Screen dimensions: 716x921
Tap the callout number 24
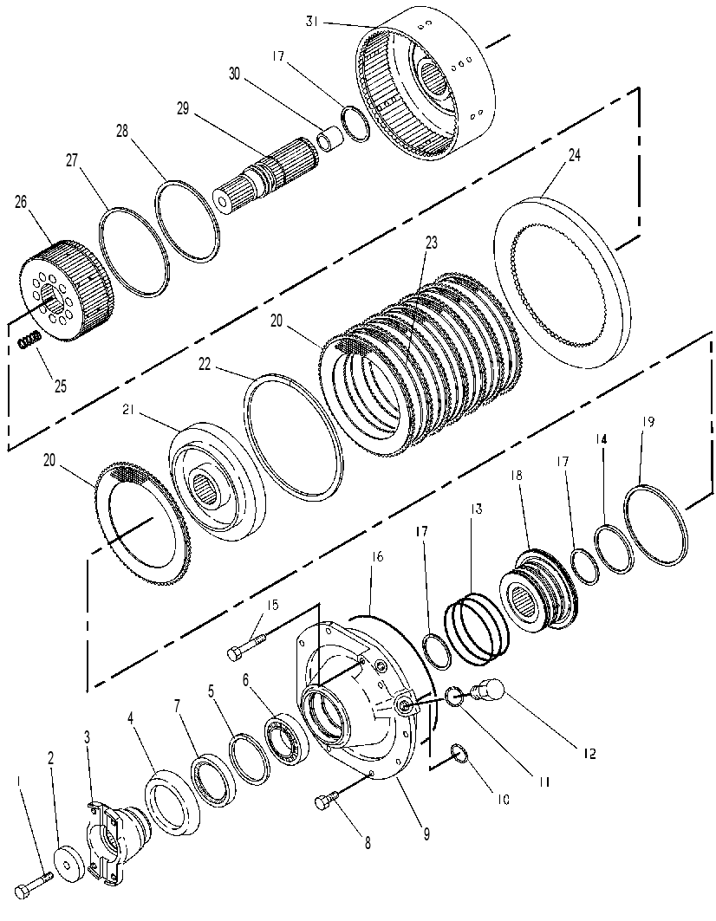[x=574, y=156]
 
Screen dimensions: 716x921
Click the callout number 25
[x=61, y=386]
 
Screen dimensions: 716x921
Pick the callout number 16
[x=377, y=556]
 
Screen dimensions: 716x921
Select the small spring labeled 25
[x=29, y=340]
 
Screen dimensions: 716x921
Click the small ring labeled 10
[x=459, y=754]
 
